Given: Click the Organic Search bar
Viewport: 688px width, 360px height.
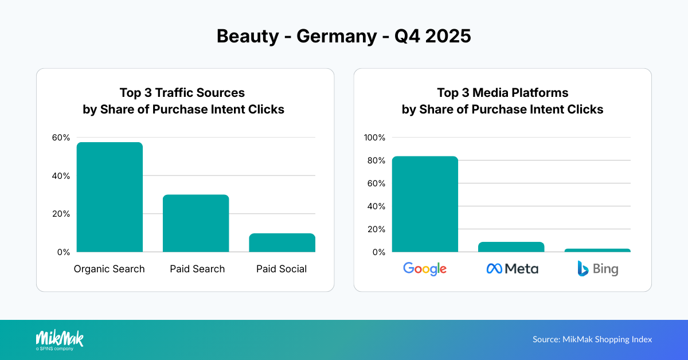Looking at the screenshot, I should [110, 197].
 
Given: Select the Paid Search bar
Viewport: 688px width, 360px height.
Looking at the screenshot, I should [196, 224].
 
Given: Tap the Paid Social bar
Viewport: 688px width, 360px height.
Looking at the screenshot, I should [282, 243].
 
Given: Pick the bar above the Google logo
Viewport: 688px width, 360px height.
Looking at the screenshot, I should [425, 204].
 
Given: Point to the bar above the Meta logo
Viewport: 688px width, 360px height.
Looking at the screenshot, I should [511, 247].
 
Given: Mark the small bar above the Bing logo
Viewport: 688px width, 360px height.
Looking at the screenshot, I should [597, 251].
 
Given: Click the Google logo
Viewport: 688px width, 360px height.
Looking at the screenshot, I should [425, 268].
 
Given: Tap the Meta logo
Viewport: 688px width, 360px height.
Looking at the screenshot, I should [512, 268].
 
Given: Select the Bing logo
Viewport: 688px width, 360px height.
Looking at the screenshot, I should [597, 268].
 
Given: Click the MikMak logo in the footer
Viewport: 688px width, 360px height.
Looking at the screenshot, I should [60, 339].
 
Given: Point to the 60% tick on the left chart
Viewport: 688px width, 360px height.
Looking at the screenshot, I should [61, 138].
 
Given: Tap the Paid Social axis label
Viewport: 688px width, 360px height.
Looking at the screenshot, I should [282, 269].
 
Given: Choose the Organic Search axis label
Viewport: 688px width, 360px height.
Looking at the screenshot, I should [110, 269].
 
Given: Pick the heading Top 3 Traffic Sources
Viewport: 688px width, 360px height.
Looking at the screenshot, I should [182, 93].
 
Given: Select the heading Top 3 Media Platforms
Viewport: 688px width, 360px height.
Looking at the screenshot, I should [502, 93].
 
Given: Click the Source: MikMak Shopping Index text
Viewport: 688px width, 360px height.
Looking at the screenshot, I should [592, 339].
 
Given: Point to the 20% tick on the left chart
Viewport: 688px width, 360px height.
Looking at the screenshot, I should [61, 214].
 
